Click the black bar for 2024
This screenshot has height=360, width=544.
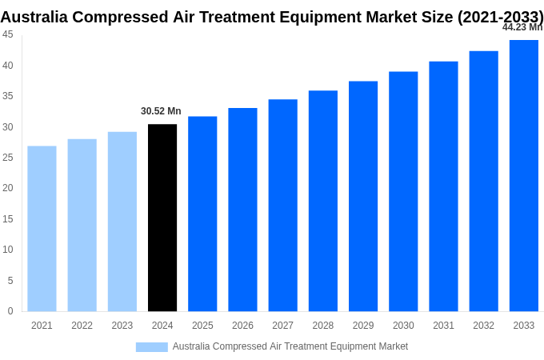coord(162,218)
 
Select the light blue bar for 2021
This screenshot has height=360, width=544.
coord(42,229)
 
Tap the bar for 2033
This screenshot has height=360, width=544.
coord(523,176)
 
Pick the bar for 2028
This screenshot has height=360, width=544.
coord(323,201)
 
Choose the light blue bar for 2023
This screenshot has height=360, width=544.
coord(122,222)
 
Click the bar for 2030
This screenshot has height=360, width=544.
coord(403,191)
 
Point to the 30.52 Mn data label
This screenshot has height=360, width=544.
coord(161,111)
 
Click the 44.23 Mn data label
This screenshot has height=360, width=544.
coord(522,27)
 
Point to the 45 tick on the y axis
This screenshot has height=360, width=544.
coord(7,34)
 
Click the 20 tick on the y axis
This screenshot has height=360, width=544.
coord(7,188)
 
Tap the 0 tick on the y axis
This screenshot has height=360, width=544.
coord(10,311)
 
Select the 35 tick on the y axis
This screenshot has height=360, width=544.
coord(7,96)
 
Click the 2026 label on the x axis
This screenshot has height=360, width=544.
coord(242,326)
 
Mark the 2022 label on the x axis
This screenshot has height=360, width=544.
coord(82,326)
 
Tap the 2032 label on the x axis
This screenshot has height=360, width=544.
coord(483,326)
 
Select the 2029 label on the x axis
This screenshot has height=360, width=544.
coord(363,326)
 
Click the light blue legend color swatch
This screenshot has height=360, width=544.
coord(151,347)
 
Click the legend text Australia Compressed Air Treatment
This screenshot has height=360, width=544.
coord(290,346)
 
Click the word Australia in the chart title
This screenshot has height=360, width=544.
coord(36,17)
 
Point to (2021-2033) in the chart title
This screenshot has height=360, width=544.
coord(500,17)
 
